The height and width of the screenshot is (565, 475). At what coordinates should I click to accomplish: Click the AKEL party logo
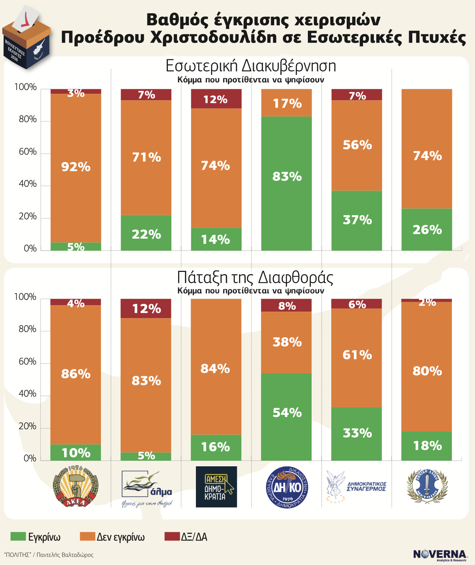click(x=76, y=486)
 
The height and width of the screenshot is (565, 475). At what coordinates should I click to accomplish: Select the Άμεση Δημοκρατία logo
click(x=216, y=487)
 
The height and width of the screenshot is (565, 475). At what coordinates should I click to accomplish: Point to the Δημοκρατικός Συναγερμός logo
click(x=356, y=487)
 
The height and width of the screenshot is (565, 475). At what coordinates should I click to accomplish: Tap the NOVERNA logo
click(x=440, y=555)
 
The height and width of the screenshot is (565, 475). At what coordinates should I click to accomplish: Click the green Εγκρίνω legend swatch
click(x=18, y=537)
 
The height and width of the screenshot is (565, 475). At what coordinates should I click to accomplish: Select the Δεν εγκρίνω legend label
click(x=121, y=537)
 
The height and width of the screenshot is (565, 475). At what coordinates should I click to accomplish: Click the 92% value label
click(x=76, y=167)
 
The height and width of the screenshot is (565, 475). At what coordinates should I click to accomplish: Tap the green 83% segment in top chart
click(x=287, y=183)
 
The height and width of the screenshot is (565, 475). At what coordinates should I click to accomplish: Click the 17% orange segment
click(x=287, y=103)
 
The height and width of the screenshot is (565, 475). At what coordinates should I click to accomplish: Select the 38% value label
click(x=287, y=342)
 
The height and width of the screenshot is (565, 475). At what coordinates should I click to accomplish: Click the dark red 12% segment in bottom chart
click(x=146, y=309)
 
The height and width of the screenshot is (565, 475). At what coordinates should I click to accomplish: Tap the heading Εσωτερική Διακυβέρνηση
click(x=251, y=66)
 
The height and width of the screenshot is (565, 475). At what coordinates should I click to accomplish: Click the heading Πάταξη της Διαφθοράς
click(x=255, y=278)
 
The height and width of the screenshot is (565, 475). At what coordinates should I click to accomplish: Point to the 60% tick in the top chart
click(x=28, y=152)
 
